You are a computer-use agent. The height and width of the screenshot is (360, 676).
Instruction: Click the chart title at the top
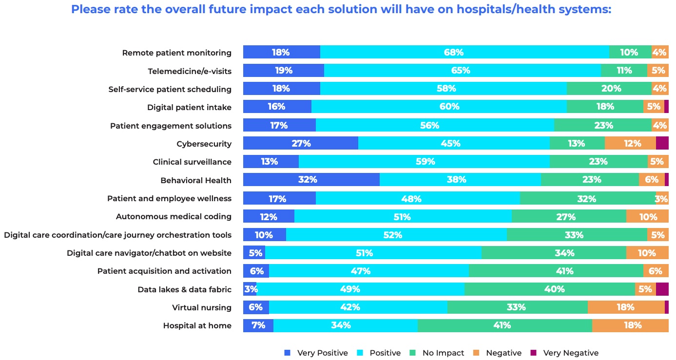coord(341,10)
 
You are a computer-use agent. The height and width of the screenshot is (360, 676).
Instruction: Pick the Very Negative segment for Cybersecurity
coord(662,143)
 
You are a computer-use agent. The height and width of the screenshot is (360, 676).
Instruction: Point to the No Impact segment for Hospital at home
coord(504,325)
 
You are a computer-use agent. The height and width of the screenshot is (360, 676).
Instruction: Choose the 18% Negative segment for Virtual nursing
coord(626,307)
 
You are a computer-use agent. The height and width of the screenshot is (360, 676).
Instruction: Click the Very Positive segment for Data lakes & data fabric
coord(250,289)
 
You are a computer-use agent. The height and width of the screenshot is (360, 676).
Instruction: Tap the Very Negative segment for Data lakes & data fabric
coord(662,289)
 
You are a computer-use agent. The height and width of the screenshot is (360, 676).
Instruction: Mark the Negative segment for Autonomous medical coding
coord(647,216)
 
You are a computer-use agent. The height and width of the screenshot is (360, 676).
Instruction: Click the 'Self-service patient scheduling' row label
coord(170,89)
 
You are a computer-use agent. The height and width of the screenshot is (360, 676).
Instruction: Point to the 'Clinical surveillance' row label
coord(192,162)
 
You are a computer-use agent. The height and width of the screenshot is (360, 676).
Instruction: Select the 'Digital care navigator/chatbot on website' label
coord(149,253)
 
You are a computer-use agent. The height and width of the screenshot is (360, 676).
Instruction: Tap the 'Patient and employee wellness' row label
coord(169,198)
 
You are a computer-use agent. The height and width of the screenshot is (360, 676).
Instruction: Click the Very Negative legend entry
coord(565,353)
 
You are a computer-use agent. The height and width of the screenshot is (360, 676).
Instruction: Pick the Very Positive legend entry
coord(317,353)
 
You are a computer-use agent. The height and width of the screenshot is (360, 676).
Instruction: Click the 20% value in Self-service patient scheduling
coord(611,89)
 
